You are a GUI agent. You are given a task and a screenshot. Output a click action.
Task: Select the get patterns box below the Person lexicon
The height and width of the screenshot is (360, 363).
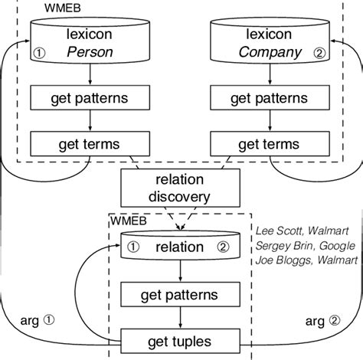point(91,99)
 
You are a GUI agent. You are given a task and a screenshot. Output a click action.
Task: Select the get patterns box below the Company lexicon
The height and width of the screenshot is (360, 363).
point(271,99)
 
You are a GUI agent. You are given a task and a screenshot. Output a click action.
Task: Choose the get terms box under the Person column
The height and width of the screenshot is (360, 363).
point(91,143)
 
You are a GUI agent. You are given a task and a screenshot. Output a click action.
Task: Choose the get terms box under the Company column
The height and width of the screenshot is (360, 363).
point(271,143)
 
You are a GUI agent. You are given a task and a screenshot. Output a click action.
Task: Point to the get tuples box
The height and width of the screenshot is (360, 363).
point(180,341)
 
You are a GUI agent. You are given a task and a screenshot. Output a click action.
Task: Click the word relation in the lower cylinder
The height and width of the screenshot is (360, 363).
point(179,247)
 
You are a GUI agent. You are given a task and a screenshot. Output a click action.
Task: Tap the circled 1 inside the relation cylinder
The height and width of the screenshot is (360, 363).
point(133,247)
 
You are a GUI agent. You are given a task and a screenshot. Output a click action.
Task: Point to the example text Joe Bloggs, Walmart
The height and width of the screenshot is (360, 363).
point(306,260)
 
